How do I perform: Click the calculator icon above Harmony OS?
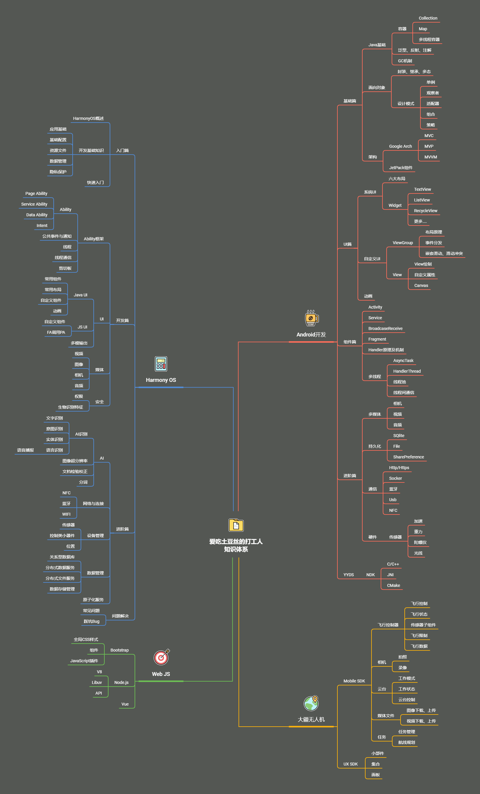tap(161, 364)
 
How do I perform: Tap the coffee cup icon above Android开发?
tap(311, 318)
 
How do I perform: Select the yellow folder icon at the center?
tap(236, 525)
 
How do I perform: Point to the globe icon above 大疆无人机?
tap(311, 703)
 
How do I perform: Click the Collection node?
tap(428, 18)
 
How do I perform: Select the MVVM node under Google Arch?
tap(430, 157)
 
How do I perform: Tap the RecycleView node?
tap(425, 211)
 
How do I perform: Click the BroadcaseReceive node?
tap(385, 329)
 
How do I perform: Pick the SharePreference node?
tap(408, 457)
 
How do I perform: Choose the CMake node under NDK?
tap(393, 585)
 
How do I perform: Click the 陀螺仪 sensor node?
tap(420, 543)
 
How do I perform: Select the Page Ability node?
tap(36, 194)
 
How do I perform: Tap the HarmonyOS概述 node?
tap(88, 119)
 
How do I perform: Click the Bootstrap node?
tap(119, 650)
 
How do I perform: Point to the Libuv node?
tap(97, 682)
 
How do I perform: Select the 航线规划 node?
tap(406, 742)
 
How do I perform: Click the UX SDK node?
tap(350, 764)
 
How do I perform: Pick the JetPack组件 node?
tap(401, 168)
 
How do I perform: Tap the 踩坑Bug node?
tap(91, 621)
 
